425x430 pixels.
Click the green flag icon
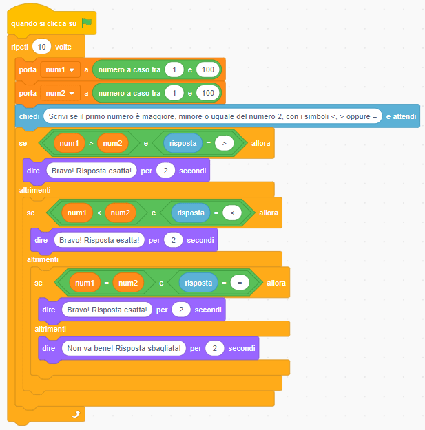coord(86,23)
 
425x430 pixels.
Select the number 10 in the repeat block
coord(42,47)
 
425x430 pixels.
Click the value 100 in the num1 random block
coord(208,70)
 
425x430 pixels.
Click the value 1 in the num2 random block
coord(174,93)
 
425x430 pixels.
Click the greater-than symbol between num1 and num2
coord(90,143)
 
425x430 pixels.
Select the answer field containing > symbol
coord(224,143)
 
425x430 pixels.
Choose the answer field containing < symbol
coord(232,213)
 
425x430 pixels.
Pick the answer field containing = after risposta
coord(240,283)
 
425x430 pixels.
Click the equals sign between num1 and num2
coord(106,283)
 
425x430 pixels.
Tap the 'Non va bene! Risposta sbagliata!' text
coord(125,349)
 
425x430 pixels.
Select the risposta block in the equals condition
coord(198,283)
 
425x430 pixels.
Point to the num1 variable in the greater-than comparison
coord(69,143)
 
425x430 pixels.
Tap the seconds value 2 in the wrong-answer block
coord(215,349)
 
